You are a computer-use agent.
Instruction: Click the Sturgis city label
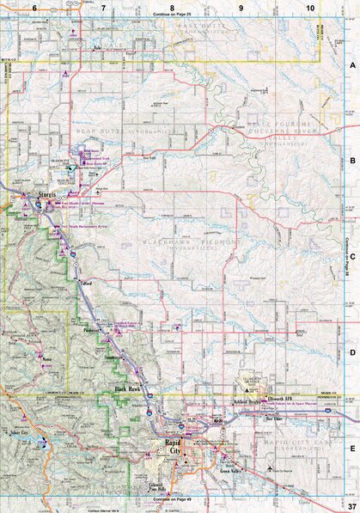(x=47, y=195)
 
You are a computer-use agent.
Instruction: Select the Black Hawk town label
(x=128, y=390)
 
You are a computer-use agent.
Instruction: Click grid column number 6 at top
(x=34, y=8)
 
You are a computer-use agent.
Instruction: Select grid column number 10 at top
(x=309, y=8)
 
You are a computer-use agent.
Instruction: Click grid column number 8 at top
(x=172, y=8)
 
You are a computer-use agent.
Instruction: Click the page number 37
(x=351, y=506)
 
